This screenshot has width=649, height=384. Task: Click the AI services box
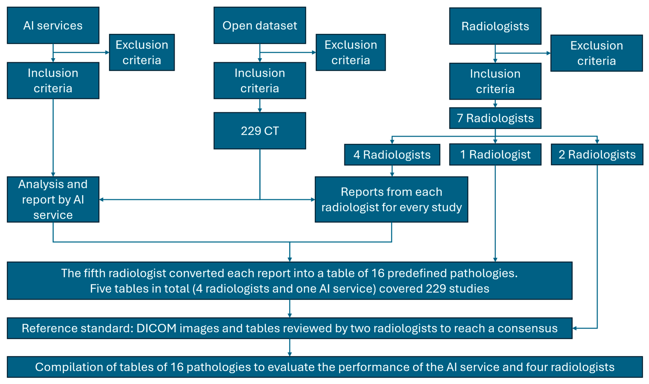(53, 25)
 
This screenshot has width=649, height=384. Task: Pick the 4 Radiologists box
(392, 155)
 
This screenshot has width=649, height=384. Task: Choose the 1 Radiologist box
(495, 154)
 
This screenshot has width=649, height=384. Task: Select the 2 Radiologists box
(597, 154)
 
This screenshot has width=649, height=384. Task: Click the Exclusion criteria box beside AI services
(142, 52)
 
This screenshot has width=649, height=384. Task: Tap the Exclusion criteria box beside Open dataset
(350, 52)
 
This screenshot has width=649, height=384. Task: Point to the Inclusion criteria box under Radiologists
(495, 81)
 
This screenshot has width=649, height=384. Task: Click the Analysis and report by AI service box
(53, 199)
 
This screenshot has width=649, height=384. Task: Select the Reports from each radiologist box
(391, 199)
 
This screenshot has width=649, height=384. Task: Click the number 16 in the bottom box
(177, 367)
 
